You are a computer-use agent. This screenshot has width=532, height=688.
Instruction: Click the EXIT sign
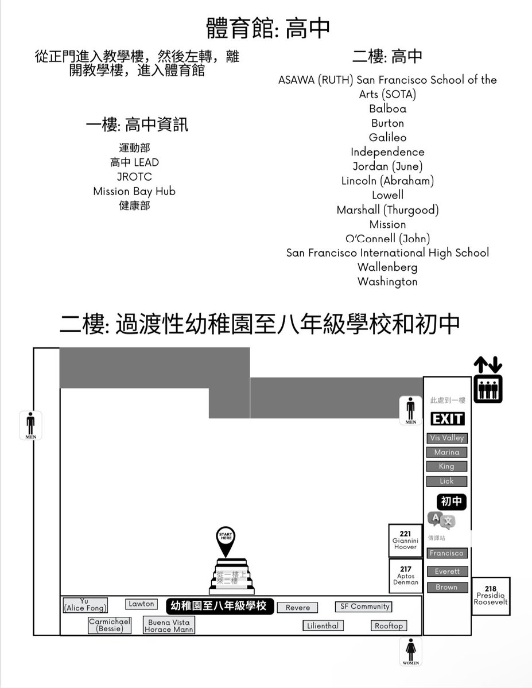(x=447, y=418)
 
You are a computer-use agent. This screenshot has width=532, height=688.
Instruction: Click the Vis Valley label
(x=447, y=438)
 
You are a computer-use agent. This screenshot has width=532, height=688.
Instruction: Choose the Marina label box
(x=446, y=452)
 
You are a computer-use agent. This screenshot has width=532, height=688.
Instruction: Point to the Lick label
(x=446, y=481)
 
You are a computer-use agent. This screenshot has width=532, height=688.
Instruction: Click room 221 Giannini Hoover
(x=405, y=541)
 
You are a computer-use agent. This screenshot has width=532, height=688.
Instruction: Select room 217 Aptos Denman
(x=405, y=576)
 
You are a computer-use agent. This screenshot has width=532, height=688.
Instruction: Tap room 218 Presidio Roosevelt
(x=491, y=596)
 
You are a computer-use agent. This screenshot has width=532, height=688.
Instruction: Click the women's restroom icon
(x=411, y=651)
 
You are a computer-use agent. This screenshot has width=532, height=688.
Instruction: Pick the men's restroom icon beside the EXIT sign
(x=410, y=410)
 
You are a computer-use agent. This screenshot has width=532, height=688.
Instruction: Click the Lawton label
(x=141, y=604)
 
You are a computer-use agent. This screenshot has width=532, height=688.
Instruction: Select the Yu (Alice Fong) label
(x=86, y=605)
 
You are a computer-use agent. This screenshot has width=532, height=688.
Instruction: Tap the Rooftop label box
(x=389, y=625)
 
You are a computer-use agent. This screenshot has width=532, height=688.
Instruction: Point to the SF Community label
(x=364, y=607)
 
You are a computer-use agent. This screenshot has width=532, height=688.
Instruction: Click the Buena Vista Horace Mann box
(x=169, y=625)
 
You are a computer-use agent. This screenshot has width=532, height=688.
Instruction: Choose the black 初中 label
(x=451, y=501)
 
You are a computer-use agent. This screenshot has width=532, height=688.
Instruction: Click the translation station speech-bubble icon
(x=441, y=520)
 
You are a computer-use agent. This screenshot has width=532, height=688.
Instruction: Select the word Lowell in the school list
(x=387, y=195)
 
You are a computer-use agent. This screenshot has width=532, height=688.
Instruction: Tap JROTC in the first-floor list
(x=134, y=177)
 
